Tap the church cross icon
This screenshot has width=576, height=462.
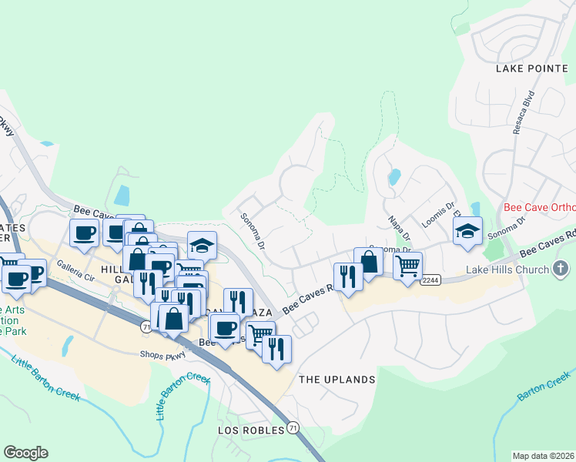(x=561, y=269)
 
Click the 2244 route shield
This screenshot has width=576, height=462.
(x=430, y=280)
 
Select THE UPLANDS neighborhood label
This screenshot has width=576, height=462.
(x=337, y=380)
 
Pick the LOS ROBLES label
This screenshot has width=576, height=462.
(x=251, y=430)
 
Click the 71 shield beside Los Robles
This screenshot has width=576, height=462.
(x=293, y=427)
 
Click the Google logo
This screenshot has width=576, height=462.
(x=25, y=453)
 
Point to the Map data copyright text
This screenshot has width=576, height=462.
(x=544, y=456)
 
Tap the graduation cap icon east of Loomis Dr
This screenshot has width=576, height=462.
(x=467, y=230)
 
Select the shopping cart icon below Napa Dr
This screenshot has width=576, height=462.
(x=407, y=266)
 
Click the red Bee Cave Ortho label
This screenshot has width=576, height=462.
(x=539, y=208)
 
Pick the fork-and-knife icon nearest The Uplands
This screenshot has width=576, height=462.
(x=276, y=347)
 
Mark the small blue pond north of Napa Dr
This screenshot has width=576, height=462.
(x=394, y=178)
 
